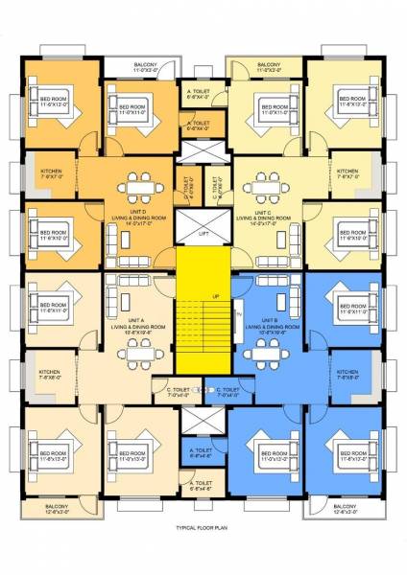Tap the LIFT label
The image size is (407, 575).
point(203,233)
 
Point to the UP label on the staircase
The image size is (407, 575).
point(215,296)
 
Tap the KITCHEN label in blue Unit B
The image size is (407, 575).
point(348,375)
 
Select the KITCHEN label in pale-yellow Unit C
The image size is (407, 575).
point(347,174)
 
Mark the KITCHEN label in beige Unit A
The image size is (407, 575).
point(50,375)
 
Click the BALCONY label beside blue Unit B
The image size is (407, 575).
point(346,509)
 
